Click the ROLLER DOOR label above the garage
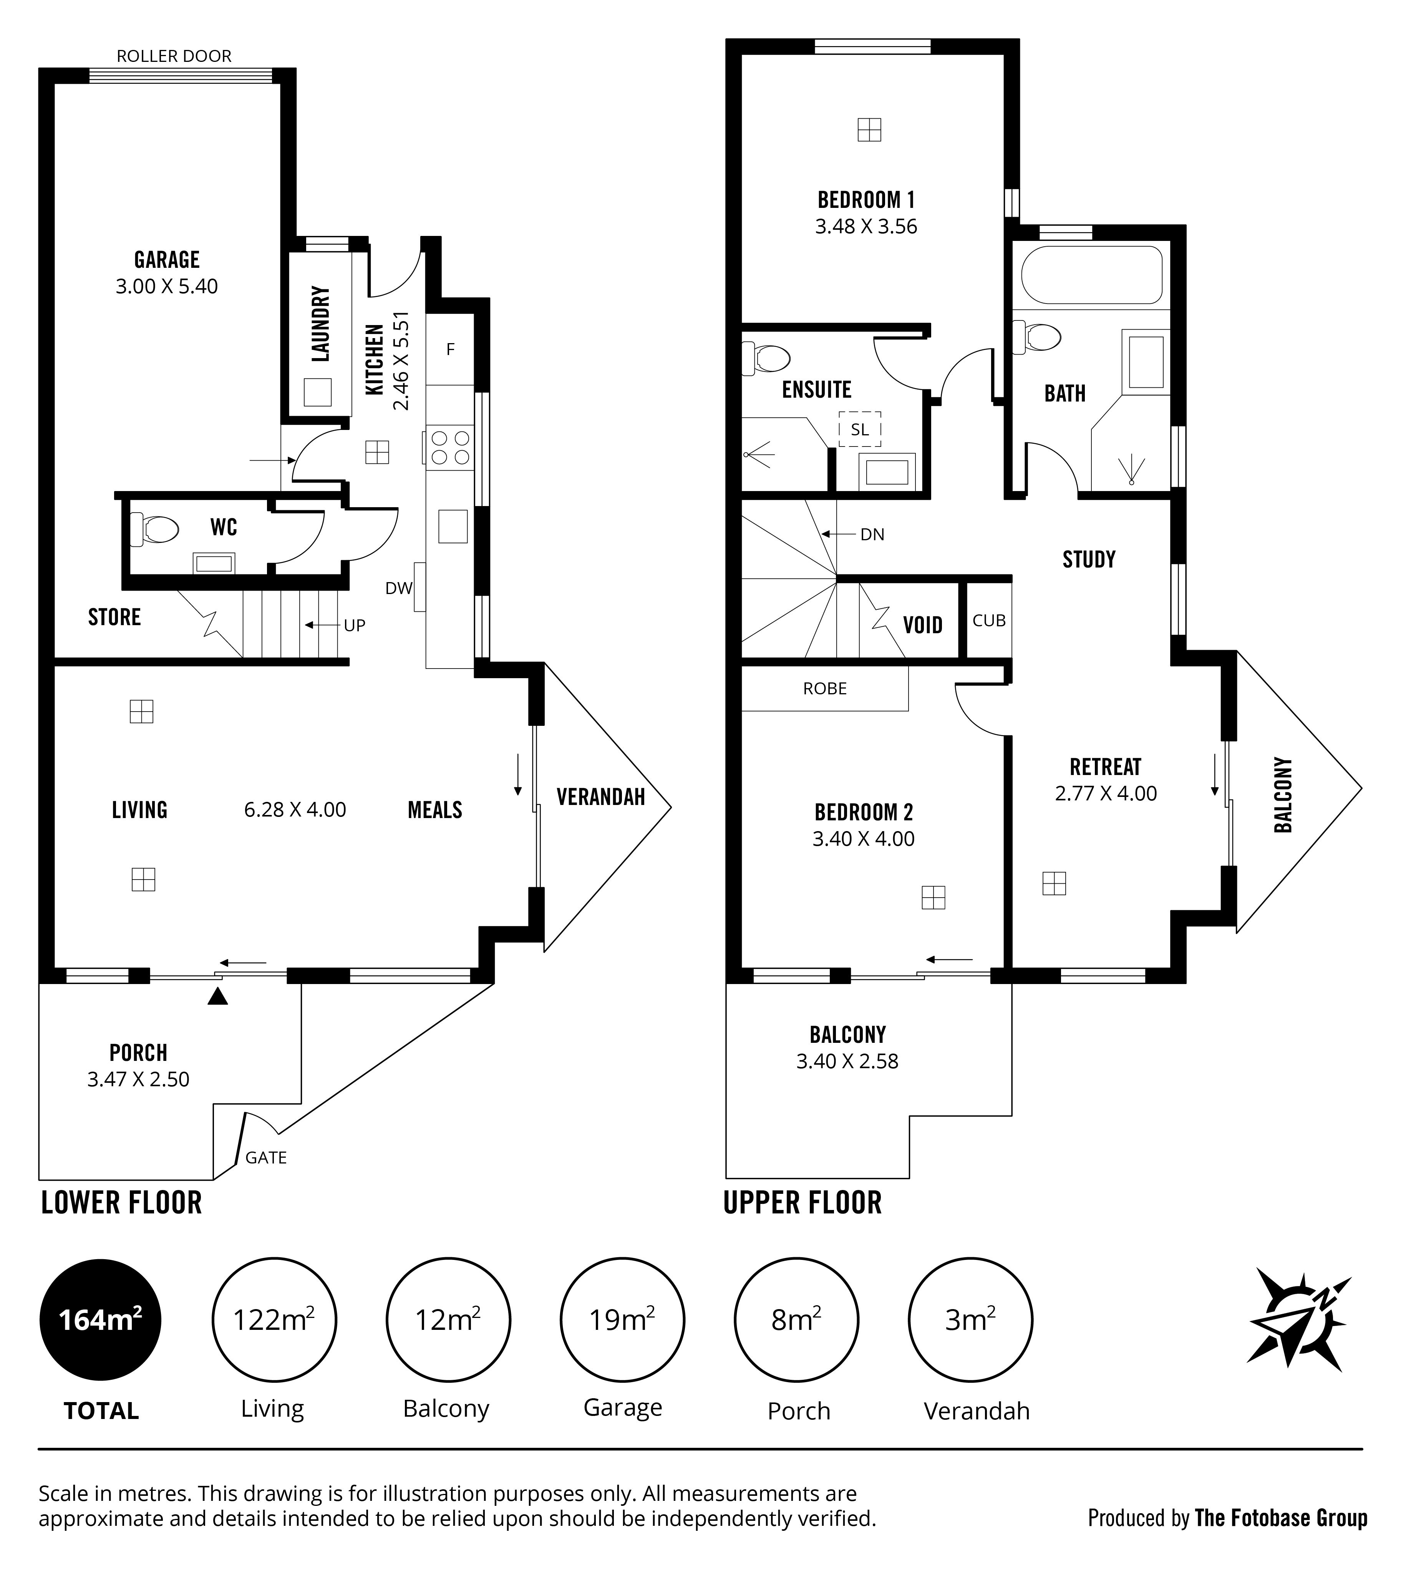[174, 56]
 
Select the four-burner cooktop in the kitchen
[450, 447]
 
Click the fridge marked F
[450, 350]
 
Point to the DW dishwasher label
[399, 588]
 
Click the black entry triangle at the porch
[218, 997]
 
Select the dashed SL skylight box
[860, 430]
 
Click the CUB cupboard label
[989, 621]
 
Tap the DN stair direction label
[872, 534]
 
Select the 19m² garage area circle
[622, 1320]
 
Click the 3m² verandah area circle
[971, 1320]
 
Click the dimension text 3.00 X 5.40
[167, 286]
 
